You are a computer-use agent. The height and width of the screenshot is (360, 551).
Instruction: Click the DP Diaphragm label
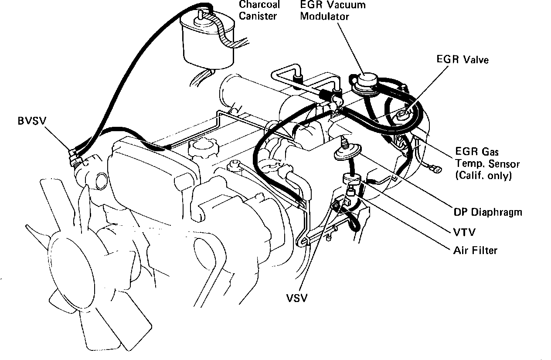pyautogui.click(x=488, y=212)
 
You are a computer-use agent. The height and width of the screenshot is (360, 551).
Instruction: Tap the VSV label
pyautogui.click(x=296, y=298)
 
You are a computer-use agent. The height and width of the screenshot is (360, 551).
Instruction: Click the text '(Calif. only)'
pyautogui.click(x=483, y=176)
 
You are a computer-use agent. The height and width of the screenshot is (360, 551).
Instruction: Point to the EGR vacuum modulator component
pyautogui.click(x=365, y=82)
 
